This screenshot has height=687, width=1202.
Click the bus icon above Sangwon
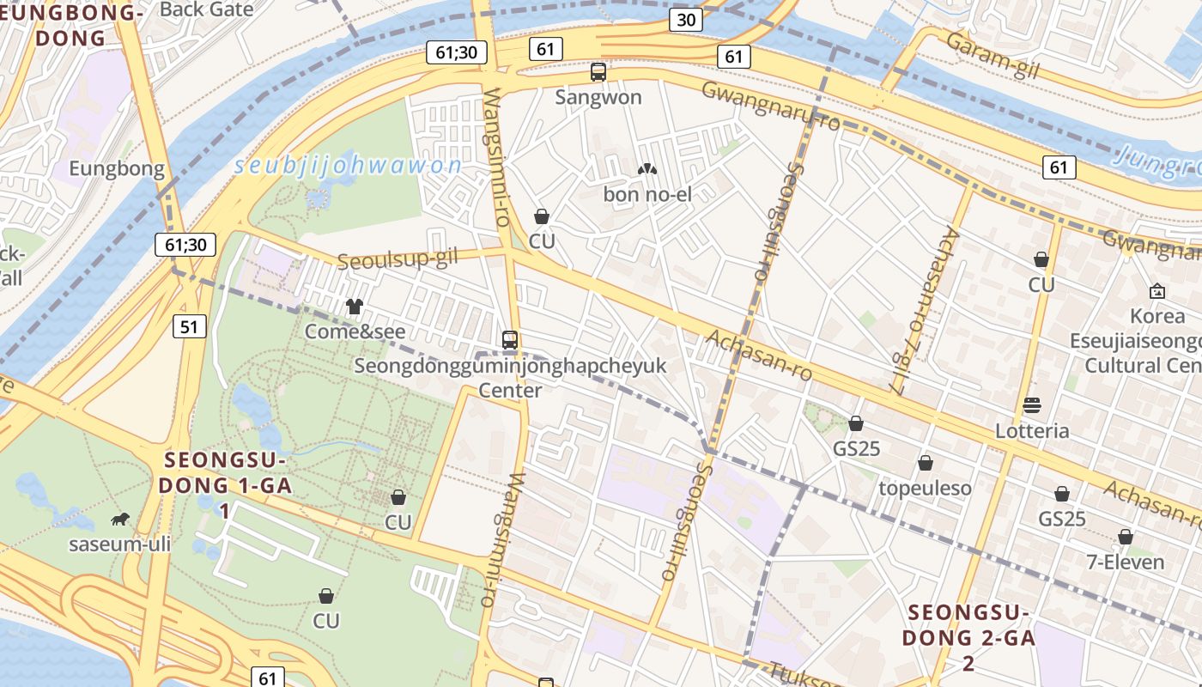point(598,72)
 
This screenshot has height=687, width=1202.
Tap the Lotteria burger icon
point(1032,405)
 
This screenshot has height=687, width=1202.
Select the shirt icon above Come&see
point(354,307)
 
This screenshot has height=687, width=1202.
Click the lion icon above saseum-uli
point(120,519)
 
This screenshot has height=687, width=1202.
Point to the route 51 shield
point(189,326)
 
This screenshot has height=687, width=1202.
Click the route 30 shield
point(685,20)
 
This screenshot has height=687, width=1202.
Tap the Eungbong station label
point(117,168)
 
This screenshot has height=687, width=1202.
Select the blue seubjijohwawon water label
point(348,166)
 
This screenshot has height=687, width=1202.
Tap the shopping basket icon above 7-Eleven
point(1125,537)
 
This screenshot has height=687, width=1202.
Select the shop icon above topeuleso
point(925,464)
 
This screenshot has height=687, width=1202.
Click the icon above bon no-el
point(647,170)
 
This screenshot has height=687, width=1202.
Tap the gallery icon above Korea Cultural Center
point(1156,291)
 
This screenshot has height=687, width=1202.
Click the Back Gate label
point(206,9)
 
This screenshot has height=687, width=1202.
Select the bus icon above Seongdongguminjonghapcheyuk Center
point(510,340)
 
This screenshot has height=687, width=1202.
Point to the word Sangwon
point(598,97)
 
